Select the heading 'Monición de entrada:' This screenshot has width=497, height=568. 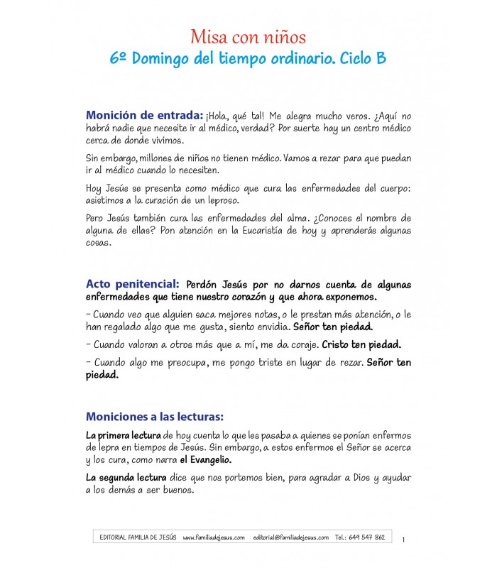pos(144,115)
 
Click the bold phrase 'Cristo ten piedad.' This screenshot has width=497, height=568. pos(362,344)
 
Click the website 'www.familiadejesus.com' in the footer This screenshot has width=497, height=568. pos(213,537)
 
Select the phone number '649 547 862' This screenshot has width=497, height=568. pos(369,537)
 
